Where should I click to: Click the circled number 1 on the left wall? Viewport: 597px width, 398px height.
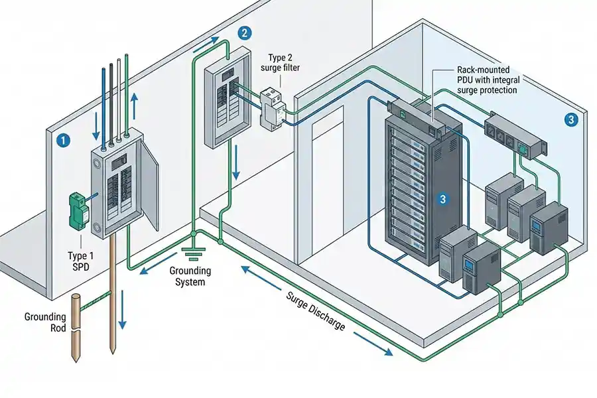(63, 140)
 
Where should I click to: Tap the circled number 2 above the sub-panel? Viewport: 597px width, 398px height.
(245, 33)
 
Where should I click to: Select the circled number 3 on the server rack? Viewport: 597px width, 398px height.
(444, 198)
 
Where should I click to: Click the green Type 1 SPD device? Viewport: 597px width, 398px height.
(79, 210)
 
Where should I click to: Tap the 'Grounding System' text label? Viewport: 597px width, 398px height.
(190, 277)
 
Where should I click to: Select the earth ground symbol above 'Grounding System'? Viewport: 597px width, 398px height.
(192, 252)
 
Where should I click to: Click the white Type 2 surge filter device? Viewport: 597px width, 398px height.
(272, 106)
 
